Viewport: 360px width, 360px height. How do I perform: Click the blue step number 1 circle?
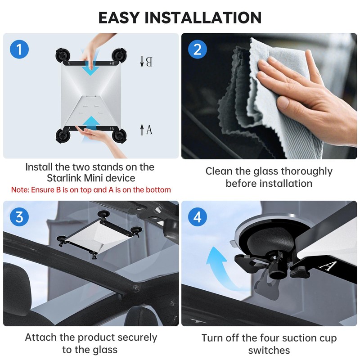pos(19,49)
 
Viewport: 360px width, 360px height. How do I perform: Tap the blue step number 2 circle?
pos(198,49)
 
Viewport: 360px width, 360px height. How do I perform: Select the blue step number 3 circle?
pos(19,217)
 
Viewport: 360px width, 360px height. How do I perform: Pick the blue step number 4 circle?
pos(198,217)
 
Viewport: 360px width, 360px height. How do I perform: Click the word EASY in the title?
pos(119,18)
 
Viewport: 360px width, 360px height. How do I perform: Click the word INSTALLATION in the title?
pos(203,18)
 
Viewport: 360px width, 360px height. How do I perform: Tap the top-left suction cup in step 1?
pos(62,55)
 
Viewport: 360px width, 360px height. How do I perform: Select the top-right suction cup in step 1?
pos(119,55)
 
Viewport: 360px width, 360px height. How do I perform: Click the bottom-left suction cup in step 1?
pos(63,136)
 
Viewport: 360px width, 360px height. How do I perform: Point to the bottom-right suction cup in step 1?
pos(119,136)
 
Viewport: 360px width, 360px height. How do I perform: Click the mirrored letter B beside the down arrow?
pos(149,62)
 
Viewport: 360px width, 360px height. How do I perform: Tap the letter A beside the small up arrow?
pos(149,130)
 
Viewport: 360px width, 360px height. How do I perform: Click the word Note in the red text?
pos(20,190)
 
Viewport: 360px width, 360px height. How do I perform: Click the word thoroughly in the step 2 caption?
pos(307,172)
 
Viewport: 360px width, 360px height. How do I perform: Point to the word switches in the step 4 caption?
pos(269,351)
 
